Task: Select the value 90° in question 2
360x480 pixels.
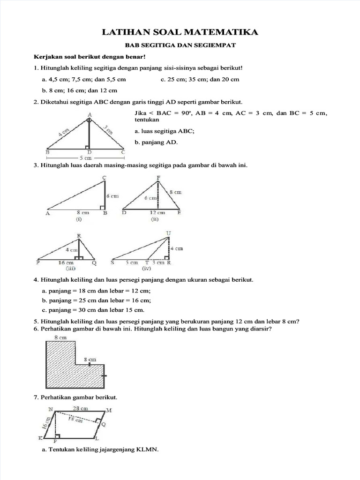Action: (x=185, y=113)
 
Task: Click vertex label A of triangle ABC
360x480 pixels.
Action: (x=90, y=114)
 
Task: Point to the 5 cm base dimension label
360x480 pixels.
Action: (x=85, y=158)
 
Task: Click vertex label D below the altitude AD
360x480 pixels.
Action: (x=90, y=152)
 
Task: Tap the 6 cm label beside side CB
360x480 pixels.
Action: (x=112, y=196)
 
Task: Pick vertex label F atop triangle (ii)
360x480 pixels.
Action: (x=158, y=177)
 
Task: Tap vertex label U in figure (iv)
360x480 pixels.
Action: (x=169, y=233)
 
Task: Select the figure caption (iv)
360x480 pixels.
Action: (x=147, y=269)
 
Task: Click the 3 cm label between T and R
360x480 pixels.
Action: (x=160, y=263)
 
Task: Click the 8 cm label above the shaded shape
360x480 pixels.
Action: (x=60, y=338)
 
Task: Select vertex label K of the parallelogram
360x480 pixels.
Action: (x=40, y=438)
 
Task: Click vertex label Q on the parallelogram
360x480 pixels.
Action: (x=104, y=424)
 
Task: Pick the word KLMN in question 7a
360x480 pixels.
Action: (x=147, y=450)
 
